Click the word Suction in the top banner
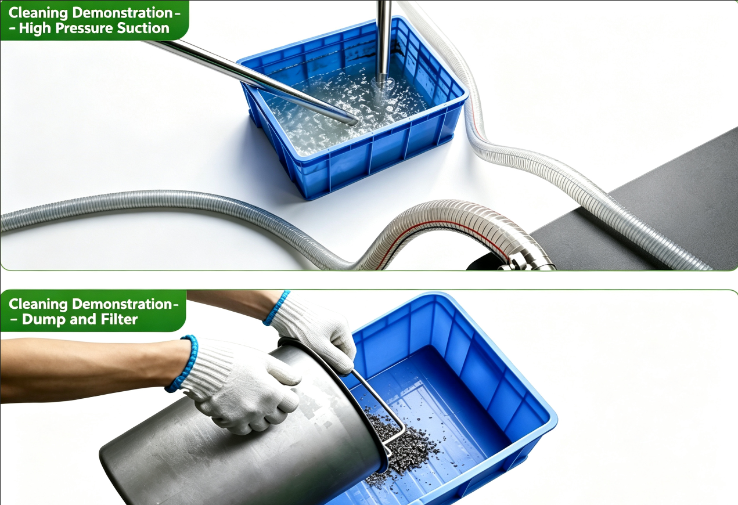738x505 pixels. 143,28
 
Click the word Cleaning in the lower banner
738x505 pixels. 38,304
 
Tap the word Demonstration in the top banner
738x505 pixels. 122,13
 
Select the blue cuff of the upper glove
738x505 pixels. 276,308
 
